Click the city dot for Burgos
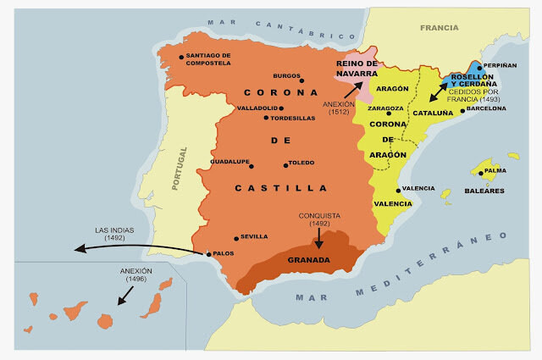(302, 81)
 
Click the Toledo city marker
(285, 164)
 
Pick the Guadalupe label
(230, 161)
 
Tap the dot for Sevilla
(236, 237)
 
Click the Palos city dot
(209, 253)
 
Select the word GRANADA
(309, 260)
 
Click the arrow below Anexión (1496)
(125, 295)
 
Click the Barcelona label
(486, 108)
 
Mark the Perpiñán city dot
(479, 66)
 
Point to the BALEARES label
(484, 191)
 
